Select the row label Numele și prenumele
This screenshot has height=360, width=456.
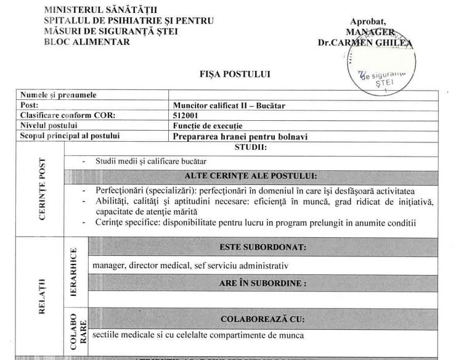click(59, 96)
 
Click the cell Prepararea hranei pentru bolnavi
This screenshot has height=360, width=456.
click(240, 136)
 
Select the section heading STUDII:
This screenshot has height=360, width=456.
click(250, 148)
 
